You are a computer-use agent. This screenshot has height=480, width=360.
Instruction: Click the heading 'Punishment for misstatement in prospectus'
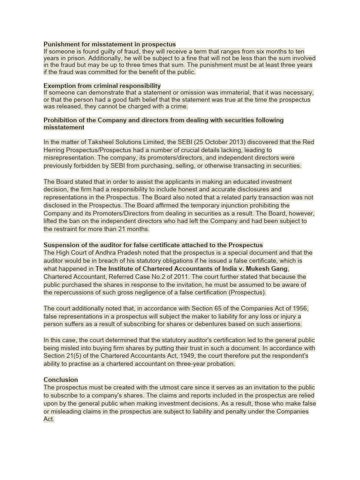coord(110,44)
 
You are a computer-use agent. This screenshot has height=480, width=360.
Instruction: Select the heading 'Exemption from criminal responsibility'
coord(102,86)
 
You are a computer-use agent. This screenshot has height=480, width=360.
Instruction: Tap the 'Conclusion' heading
coord(61,379)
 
